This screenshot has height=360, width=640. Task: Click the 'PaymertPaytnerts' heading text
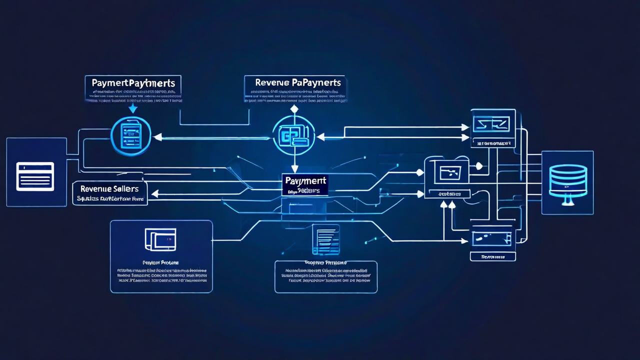pyautogui.click(x=132, y=82)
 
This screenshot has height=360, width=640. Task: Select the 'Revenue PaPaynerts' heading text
pyautogui.click(x=297, y=82)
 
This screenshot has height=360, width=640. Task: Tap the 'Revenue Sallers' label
pyautogui.click(x=109, y=188)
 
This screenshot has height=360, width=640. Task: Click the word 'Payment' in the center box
pyautogui.click(x=304, y=181)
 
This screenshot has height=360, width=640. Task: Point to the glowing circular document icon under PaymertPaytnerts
pyautogui.click(x=131, y=136)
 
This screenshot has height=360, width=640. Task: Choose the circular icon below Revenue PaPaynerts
pyautogui.click(x=294, y=135)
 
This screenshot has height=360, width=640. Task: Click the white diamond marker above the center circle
pyautogui.click(x=294, y=109)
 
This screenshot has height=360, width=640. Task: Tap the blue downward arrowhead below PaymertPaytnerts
pyautogui.click(x=132, y=109)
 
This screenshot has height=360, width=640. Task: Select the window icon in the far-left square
pyautogui.click(x=35, y=176)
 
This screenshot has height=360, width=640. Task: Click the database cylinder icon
pyautogui.click(x=567, y=181)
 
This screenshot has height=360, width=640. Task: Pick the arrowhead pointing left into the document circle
pyautogui.click(x=157, y=136)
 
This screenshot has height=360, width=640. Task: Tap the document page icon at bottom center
pyautogui.click(x=325, y=239)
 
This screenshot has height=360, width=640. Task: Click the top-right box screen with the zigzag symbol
pyautogui.click(x=492, y=123)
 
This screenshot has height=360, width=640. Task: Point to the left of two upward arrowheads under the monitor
pyautogui.click(x=443, y=204)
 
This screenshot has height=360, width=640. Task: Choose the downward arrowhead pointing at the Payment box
pyautogui.click(x=294, y=169)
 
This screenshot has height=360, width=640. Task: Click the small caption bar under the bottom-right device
pyautogui.click(x=492, y=256)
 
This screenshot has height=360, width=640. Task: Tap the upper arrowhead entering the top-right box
pyautogui.click(x=465, y=127)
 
